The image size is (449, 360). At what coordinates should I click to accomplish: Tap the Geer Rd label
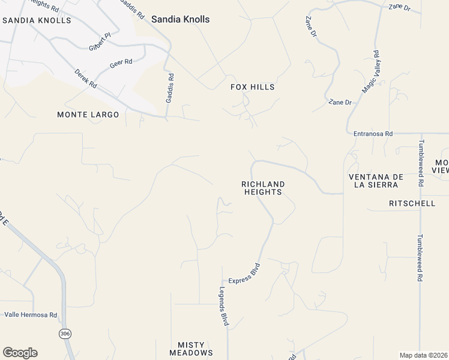click(121, 62)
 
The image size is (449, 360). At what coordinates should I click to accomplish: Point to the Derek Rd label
click(85, 79)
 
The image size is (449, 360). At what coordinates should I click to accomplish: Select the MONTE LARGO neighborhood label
click(88, 114)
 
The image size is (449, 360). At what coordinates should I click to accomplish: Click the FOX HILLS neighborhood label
click(253, 87)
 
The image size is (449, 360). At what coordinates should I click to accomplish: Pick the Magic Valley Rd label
click(371, 71)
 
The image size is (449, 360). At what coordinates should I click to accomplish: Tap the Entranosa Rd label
click(373, 134)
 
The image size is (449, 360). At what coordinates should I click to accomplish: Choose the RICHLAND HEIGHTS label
click(262, 188)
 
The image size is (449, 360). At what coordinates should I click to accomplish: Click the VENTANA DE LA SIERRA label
click(373, 181)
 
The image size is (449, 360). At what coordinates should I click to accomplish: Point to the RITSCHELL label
click(412, 203)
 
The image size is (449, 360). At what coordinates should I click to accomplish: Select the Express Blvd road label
click(244, 273)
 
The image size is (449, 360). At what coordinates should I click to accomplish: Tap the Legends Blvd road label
click(223, 306)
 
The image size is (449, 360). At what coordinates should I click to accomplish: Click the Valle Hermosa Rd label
click(31, 314)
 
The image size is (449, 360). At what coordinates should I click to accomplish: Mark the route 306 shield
click(65, 332)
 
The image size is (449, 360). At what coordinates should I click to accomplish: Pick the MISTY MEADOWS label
click(195, 349)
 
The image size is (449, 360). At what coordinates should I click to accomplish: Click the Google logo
click(20, 352)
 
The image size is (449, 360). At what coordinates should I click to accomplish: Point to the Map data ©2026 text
click(423, 355)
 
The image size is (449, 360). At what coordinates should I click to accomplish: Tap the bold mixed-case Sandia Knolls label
click(180, 19)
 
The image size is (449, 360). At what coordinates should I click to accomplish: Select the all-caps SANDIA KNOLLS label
click(37, 20)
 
